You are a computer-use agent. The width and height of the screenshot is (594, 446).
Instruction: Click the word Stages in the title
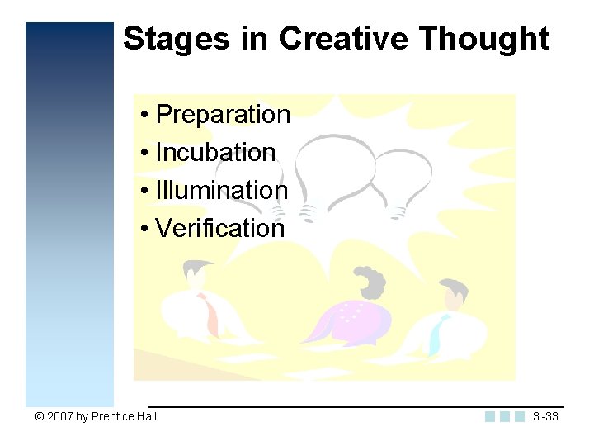pyautogui.click(x=172, y=39)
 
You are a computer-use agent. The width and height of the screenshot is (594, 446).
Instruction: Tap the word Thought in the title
pyautogui.click(x=483, y=39)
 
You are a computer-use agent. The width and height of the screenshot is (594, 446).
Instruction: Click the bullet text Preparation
pyautogui.click(x=223, y=114)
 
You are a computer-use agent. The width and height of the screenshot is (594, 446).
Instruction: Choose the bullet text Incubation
pyautogui.click(x=215, y=152)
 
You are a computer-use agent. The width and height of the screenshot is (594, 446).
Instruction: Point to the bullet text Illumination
pyautogui.click(x=221, y=190)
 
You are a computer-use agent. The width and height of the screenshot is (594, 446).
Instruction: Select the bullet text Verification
pyautogui.click(x=219, y=228)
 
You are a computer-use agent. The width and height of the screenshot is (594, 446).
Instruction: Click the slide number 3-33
pyautogui.click(x=545, y=416)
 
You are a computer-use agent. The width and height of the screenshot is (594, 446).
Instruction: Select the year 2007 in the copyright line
pyautogui.click(x=60, y=416)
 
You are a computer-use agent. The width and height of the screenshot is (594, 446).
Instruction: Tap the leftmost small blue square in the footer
pyautogui.click(x=490, y=417)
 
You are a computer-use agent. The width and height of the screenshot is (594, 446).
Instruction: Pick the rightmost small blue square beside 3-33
pyautogui.click(x=520, y=417)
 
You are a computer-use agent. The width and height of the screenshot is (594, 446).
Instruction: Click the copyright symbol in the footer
pyautogui.click(x=39, y=416)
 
